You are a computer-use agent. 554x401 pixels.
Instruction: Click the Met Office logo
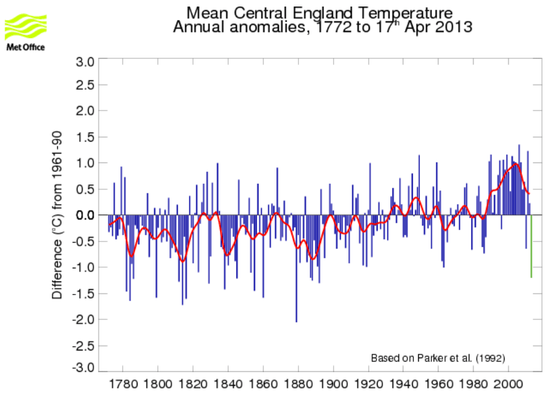pyautogui.click(x=25, y=33)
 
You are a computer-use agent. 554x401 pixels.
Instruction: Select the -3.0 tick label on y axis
pyautogui.click(x=83, y=368)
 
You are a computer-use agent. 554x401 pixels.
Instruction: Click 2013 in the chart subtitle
pyautogui.click(x=453, y=27)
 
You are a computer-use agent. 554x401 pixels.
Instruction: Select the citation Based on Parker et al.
pyautogui.click(x=438, y=358)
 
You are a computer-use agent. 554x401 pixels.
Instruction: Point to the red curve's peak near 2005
pyautogui.click(x=515, y=164)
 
